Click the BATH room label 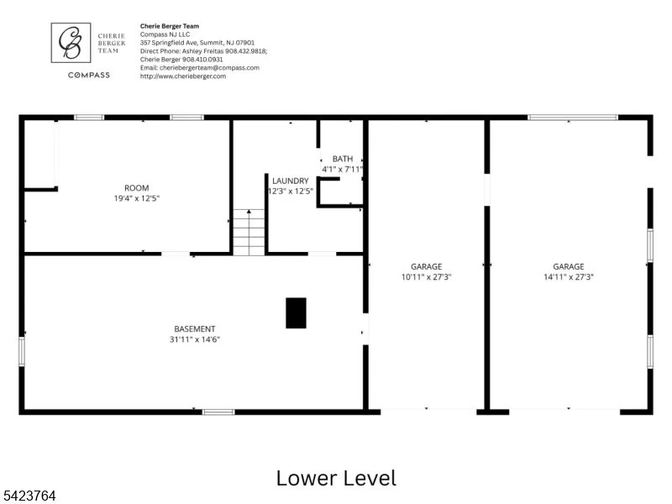click(343, 159)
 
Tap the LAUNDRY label click(290, 181)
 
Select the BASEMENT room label click(195, 329)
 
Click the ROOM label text click(137, 188)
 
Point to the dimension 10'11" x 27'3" click(427, 277)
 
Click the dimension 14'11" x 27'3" click(569, 277)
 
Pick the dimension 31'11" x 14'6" click(195, 339)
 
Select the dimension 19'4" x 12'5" click(137, 198)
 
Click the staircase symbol click(249, 233)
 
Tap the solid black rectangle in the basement click(297, 313)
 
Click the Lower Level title click(337, 478)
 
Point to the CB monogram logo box click(71, 43)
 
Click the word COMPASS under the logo click(89, 75)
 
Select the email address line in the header click(200, 68)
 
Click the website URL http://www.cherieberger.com click(183, 76)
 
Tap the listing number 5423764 click(29, 496)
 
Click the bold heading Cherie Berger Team click(170, 26)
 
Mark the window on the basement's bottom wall click(218, 412)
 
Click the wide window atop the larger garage click(573, 118)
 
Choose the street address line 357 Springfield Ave click(197, 43)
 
